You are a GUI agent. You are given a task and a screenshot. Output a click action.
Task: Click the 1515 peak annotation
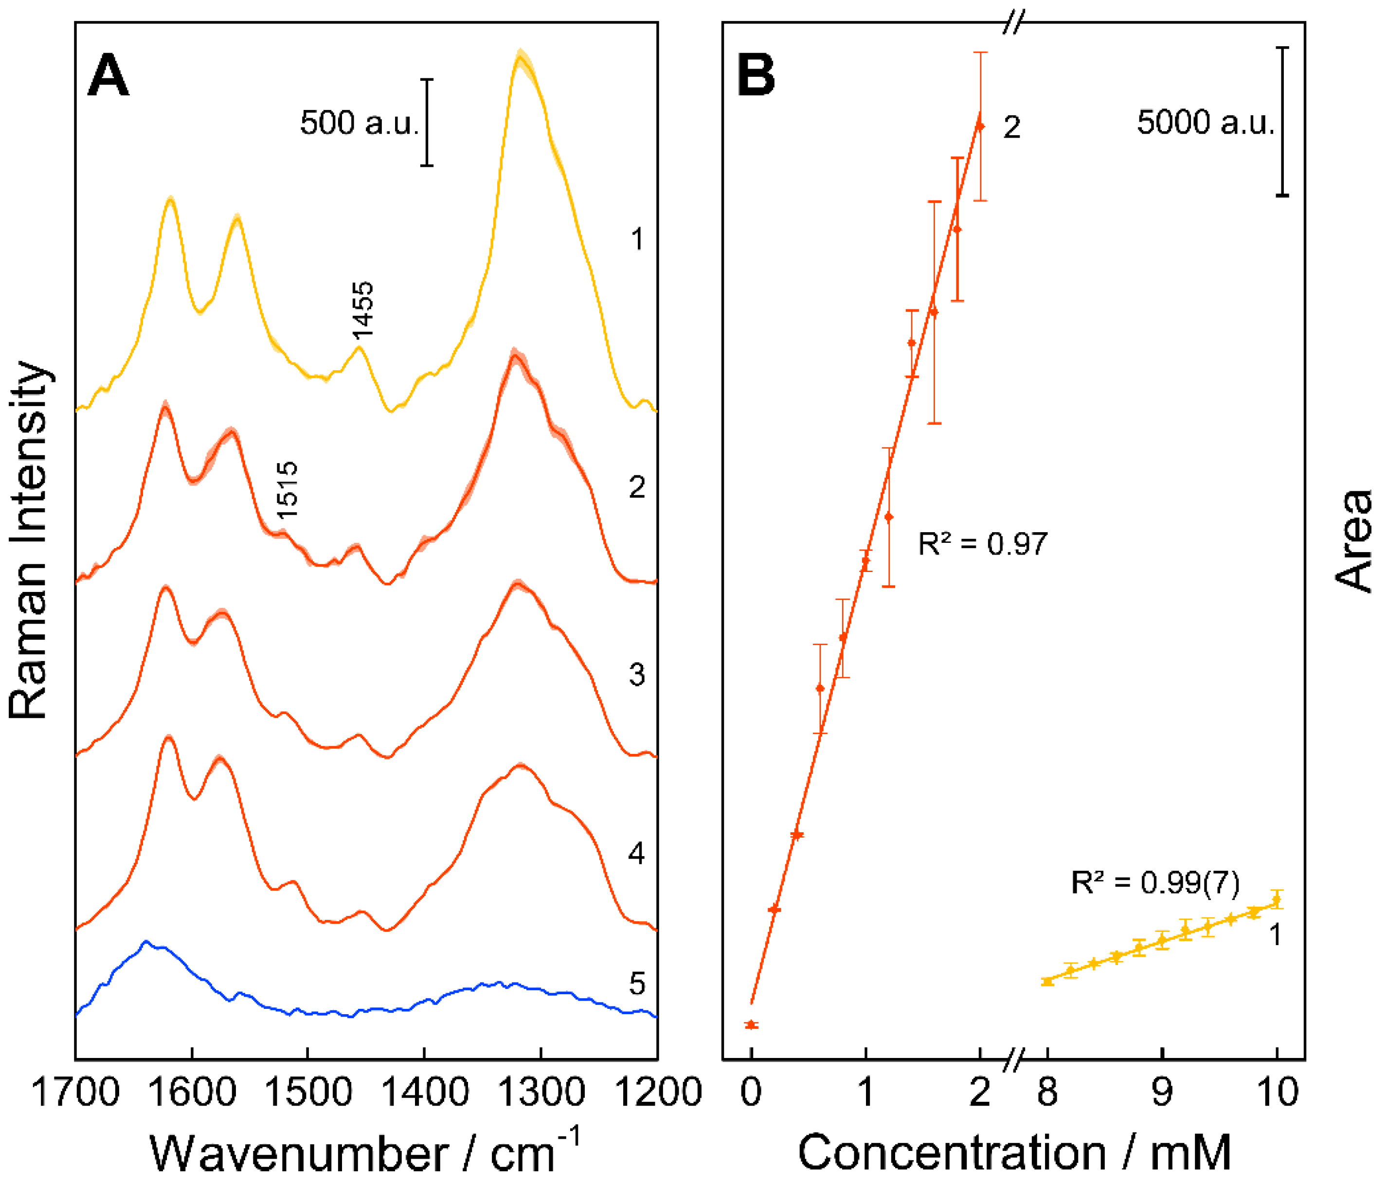click(x=287, y=490)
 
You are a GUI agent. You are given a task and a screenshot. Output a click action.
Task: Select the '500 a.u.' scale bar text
click(x=359, y=123)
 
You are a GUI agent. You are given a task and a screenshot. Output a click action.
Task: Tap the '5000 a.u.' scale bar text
click(x=1205, y=123)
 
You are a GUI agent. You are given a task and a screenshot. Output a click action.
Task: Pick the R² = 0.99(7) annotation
click(x=1155, y=883)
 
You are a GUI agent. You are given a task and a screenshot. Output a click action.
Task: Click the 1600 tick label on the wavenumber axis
click(x=192, y=1092)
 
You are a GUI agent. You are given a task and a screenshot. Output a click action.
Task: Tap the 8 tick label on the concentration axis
click(x=1047, y=1092)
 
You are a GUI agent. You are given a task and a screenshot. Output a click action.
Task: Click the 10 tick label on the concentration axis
click(x=1277, y=1092)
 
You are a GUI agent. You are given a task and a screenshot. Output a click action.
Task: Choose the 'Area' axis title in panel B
click(x=1353, y=541)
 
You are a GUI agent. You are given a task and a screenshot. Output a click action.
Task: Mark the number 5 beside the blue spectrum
click(x=637, y=984)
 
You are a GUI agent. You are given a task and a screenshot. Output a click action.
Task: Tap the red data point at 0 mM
click(x=751, y=1025)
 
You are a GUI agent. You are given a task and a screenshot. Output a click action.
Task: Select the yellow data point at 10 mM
click(x=1277, y=900)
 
